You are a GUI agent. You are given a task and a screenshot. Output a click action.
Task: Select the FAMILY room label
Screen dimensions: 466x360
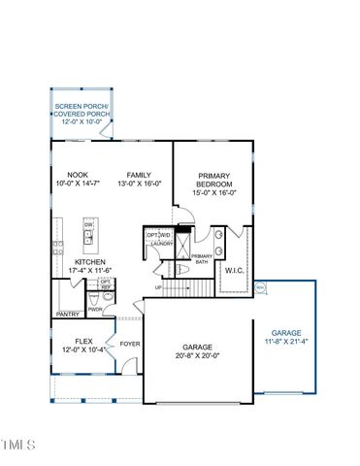[141, 176]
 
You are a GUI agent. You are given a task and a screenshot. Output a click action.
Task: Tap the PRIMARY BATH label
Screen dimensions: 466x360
[201, 258]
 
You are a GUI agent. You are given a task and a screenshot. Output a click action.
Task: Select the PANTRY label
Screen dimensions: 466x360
[68, 315]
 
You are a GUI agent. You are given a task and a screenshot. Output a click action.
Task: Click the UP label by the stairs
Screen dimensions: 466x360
[159, 287]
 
